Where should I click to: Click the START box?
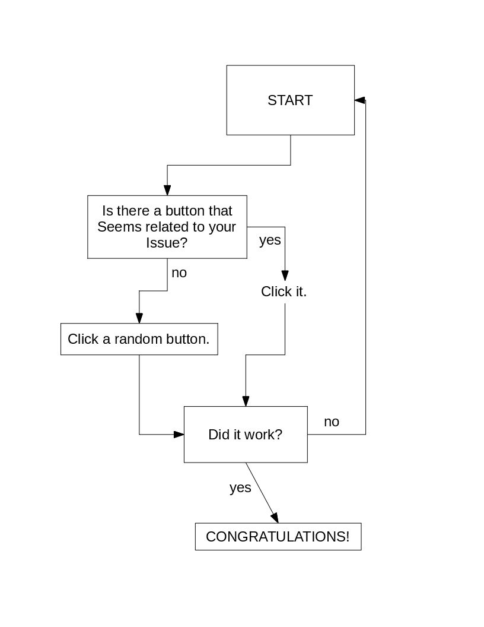click(290, 100)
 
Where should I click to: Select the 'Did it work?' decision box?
click(245, 434)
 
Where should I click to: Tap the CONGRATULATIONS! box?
click(278, 537)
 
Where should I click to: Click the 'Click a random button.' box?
click(139, 339)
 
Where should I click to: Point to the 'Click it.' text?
click(284, 292)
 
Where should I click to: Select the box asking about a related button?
click(167, 226)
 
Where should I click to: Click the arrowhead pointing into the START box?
click(359, 100)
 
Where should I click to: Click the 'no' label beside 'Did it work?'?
click(331, 422)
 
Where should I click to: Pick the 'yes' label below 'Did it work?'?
click(240, 487)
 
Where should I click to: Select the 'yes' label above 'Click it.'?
click(270, 240)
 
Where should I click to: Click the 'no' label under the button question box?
click(179, 273)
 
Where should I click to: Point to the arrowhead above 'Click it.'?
click(285, 275)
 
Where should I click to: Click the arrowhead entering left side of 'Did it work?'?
click(179, 435)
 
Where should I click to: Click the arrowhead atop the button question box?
click(167, 190)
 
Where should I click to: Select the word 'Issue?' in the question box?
click(167, 242)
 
